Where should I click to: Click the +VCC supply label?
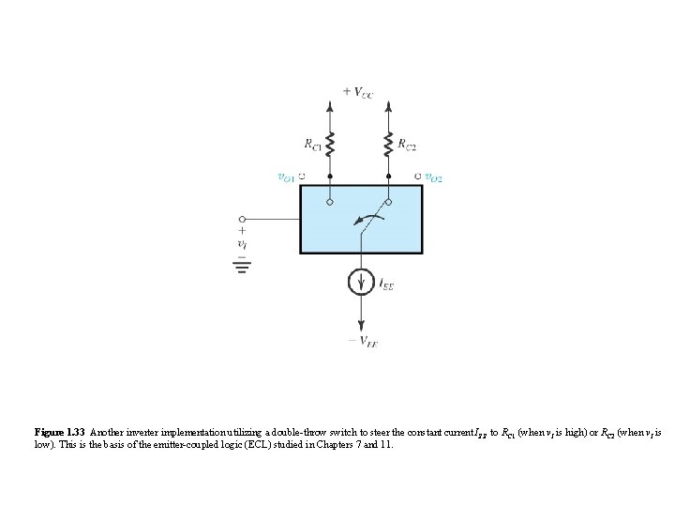(x=358, y=91)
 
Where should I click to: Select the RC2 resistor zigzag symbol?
(x=388, y=144)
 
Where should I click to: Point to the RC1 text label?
(x=312, y=144)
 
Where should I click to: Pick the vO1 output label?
(x=284, y=176)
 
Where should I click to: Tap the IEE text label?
(x=385, y=283)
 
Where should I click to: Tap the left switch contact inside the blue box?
(x=331, y=200)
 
